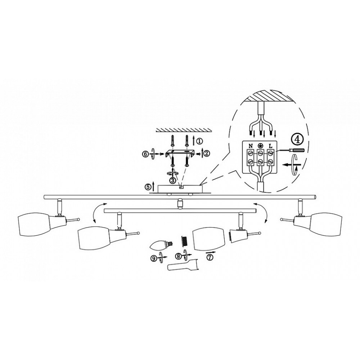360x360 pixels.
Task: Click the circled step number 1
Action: pyautogui.click(x=199, y=141)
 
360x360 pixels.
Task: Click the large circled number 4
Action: pyautogui.click(x=297, y=140)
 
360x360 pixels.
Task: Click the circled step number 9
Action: pyautogui.click(x=153, y=258)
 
